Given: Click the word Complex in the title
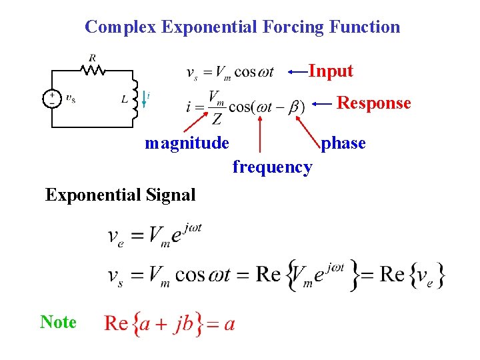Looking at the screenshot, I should click(x=121, y=27).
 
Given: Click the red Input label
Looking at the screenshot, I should click(x=331, y=71).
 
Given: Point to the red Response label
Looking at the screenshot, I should click(x=373, y=103).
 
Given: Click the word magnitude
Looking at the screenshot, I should click(x=187, y=143).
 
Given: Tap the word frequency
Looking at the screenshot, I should click(x=272, y=167).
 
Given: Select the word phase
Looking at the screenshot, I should click(x=343, y=143).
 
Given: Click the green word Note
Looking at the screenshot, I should click(x=58, y=322).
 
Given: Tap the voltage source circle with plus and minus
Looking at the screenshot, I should click(x=51, y=99).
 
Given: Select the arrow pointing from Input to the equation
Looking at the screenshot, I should click(x=297, y=71).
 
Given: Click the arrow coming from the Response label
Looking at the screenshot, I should click(x=323, y=103).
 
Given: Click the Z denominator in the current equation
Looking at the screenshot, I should click(x=217, y=119).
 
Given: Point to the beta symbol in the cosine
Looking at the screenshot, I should click(x=293, y=107).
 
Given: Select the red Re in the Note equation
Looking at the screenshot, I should click(x=116, y=324).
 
